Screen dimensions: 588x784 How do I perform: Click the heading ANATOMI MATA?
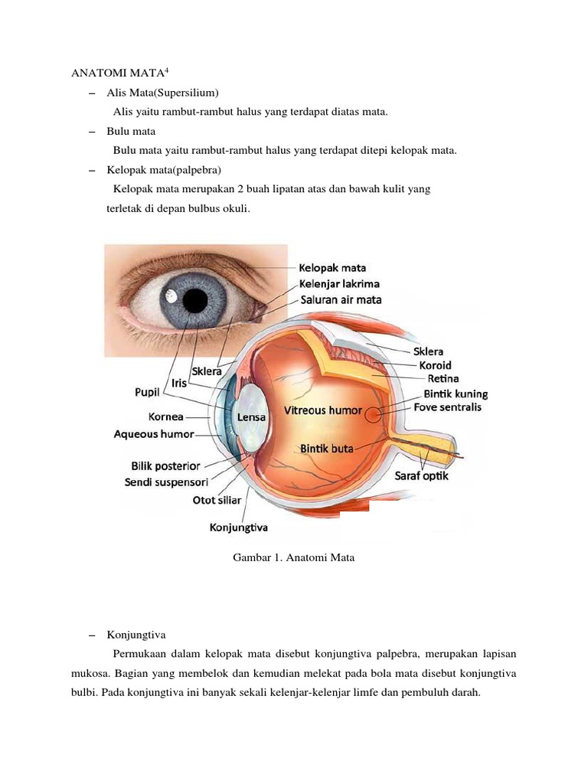[117, 73]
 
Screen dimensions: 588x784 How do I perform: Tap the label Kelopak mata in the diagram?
[332, 268]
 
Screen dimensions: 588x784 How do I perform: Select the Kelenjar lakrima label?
[339, 284]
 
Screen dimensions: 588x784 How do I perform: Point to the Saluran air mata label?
[341, 300]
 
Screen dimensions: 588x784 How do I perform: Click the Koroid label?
[435, 365]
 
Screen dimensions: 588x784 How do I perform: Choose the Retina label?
[443, 379]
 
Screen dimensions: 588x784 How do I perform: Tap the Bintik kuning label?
[456, 394]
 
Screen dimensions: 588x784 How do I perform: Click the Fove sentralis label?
[447, 407]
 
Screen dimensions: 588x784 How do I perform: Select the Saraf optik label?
[422, 476]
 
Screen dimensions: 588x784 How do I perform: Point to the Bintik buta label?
[326, 449]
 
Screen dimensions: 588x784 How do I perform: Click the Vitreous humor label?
[323, 410]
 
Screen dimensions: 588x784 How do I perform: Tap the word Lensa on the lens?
[251, 417]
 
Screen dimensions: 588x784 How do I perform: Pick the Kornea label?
[165, 417]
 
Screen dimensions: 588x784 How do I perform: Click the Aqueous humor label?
[154, 435]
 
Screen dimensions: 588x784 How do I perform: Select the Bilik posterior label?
[165, 466]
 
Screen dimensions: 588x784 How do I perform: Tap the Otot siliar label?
[217, 501]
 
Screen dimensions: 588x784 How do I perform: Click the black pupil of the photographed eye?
[195, 300]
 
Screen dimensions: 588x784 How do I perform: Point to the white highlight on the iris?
[171, 298]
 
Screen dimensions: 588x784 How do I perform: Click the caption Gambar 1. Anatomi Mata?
[293, 558]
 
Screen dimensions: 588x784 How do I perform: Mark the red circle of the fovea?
[373, 415]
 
